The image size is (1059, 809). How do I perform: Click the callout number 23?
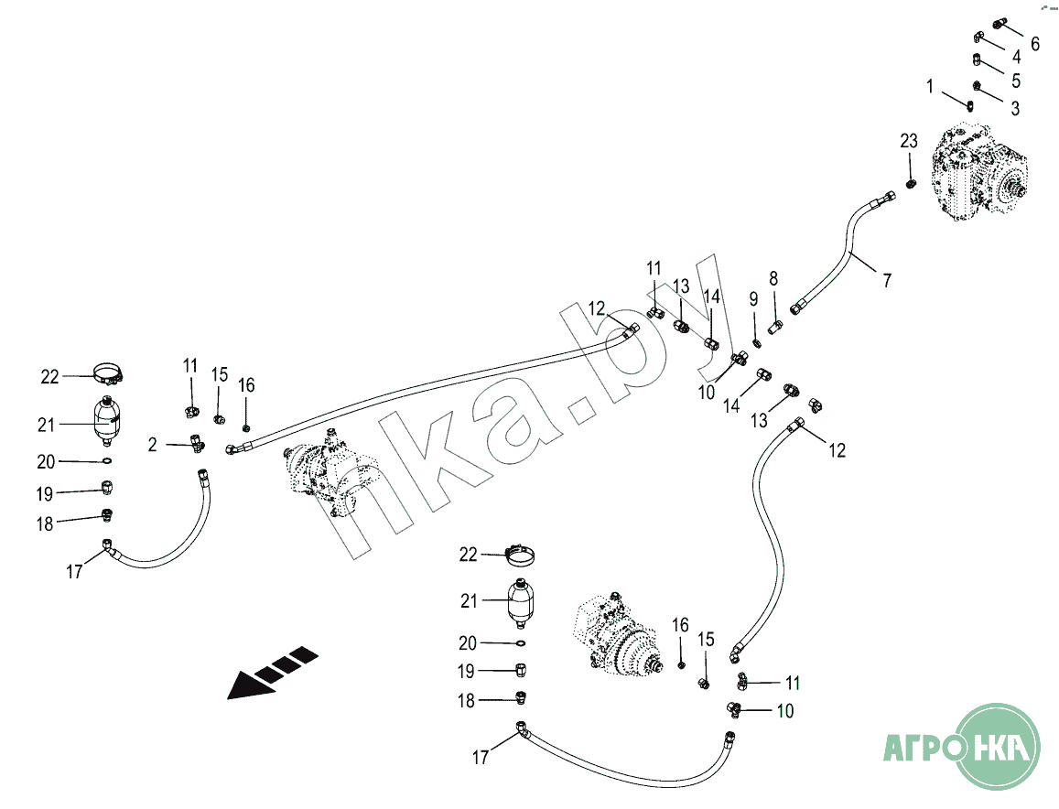[x=908, y=141]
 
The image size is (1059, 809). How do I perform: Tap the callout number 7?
[x=887, y=279]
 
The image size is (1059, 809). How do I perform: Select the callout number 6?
[x=1034, y=44]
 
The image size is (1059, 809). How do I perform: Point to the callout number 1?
[x=930, y=86]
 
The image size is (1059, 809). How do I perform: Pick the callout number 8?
[x=773, y=278]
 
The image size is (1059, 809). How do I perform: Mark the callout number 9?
[x=753, y=299]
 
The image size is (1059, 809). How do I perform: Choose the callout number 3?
[x=1015, y=108]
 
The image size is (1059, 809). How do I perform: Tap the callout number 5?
[x=1016, y=81]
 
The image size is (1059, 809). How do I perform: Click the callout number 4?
[x=1017, y=57]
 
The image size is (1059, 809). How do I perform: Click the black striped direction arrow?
[x=272, y=673]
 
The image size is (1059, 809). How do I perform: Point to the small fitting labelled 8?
[x=774, y=328]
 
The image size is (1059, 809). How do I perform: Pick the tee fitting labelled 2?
[x=197, y=444]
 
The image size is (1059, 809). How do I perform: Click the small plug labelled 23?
[x=911, y=183]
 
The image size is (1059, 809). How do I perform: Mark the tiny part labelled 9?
[x=757, y=344]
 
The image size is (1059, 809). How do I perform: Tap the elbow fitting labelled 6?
[x=1000, y=25]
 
